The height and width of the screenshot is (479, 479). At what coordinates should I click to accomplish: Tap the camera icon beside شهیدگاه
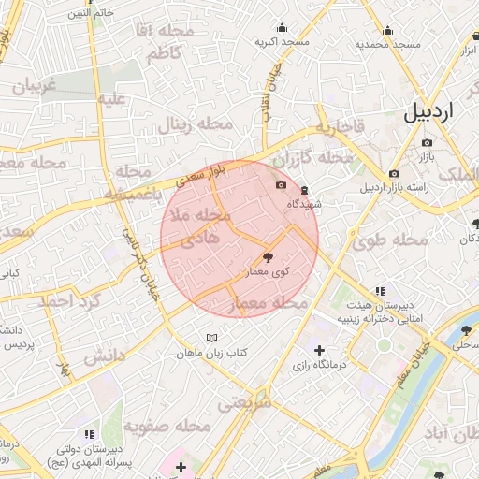click(x=282, y=185)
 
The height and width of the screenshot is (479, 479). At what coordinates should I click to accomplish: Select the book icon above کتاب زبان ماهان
click(x=212, y=338)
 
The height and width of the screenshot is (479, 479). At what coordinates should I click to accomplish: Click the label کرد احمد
click(x=68, y=301)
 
